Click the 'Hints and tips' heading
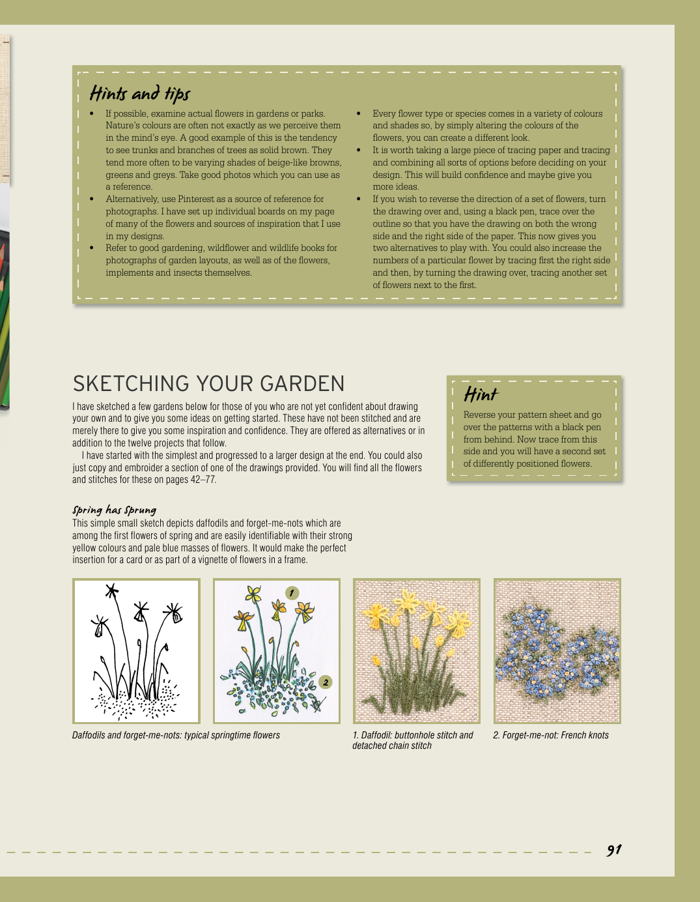click(140, 94)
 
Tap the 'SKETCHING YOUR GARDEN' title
click(208, 384)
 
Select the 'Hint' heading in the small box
click(481, 394)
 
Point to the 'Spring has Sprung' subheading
click(114, 510)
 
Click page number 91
click(614, 850)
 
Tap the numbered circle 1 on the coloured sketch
click(292, 593)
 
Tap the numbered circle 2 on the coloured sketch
click(326, 682)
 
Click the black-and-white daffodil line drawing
click(136, 651)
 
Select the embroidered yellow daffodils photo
click(417, 651)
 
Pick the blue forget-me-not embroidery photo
click(557, 651)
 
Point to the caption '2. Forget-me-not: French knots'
click(551, 735)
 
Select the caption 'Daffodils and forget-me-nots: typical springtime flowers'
click(176, 735)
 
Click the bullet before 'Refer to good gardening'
click(92, 248)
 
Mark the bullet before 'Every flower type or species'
click(359, 113)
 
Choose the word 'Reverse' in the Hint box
click(481, 415)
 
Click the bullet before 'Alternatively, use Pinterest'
click(92, 199)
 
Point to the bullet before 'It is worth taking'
click(359, 150)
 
